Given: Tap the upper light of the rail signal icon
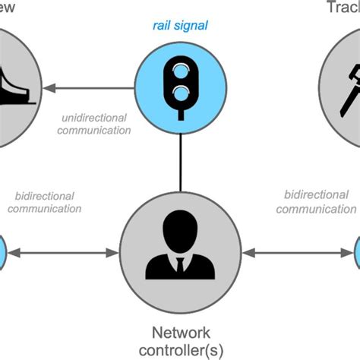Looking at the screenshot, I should [x=180, y=71].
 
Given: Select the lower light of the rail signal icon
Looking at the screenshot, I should [x=180, y=93].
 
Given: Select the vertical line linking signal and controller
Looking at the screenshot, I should [x=180, y=156].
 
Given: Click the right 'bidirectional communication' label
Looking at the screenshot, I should [x=315, y=202].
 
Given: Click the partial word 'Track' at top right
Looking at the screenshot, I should [x=343, y=8].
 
